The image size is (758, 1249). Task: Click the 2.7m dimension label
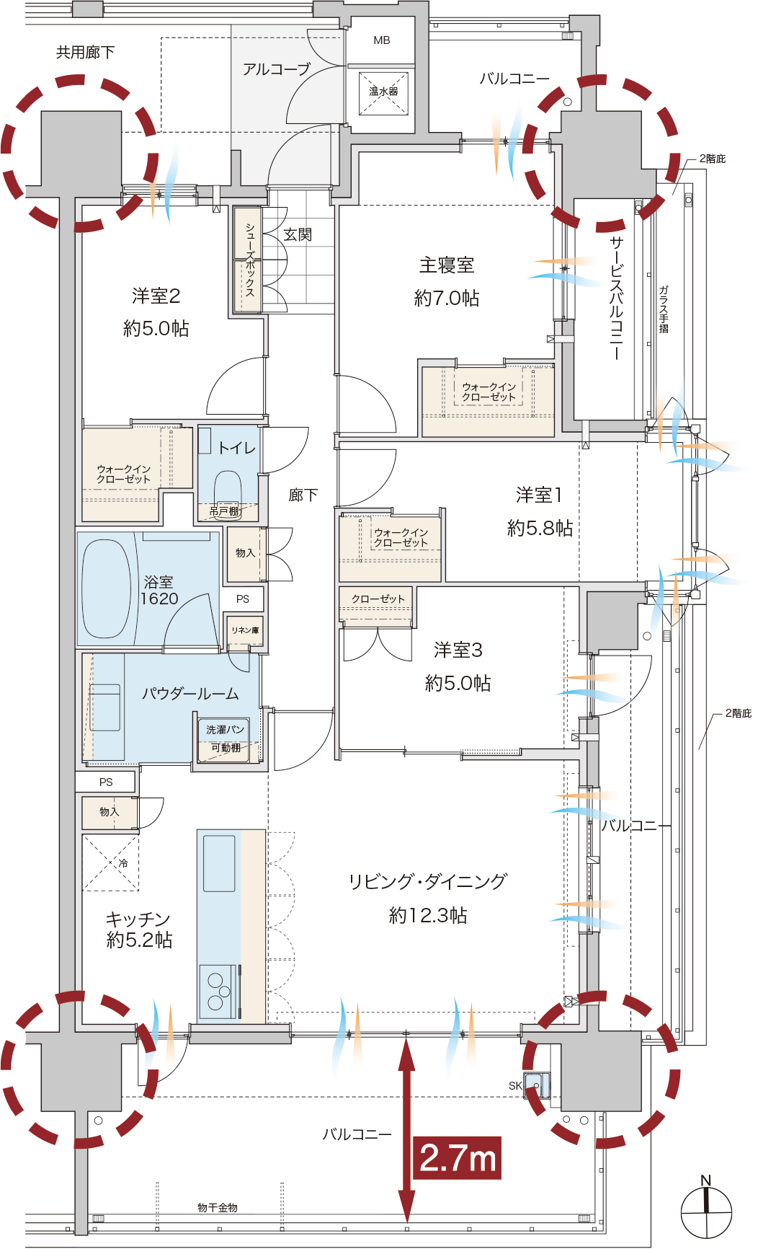coord(458,1158)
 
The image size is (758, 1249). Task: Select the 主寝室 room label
coord(447,265)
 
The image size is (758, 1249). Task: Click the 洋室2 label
coord(156,296)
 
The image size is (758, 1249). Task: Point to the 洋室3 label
coord(458,650)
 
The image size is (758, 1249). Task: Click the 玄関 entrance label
coord(298,234)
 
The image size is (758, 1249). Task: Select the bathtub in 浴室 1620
coord(106,588)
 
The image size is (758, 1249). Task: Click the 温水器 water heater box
coord(383,92)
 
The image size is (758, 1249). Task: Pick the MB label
coord(382,40)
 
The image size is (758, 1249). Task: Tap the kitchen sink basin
coord(219,863)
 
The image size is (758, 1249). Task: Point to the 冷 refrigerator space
coord(110,862)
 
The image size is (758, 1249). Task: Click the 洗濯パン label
coord(225,730)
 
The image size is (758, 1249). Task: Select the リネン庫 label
coord(245,630)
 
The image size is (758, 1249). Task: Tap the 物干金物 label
coord(218,1207)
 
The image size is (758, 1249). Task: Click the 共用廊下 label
coord(85,52)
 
